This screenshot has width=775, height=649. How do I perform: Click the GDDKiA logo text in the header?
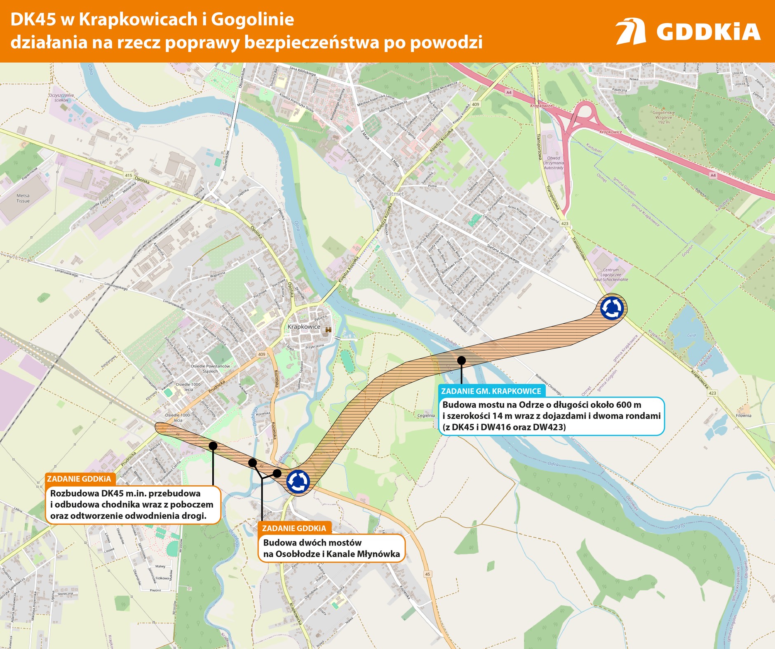click(708, 32)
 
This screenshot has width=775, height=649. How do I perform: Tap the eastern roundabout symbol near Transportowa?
click(612, 308)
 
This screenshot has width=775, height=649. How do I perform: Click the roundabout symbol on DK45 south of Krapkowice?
click(298, 481)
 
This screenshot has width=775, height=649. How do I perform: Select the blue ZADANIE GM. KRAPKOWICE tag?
click(491, 391)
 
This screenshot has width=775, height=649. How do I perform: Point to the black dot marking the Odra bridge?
click(462, 360)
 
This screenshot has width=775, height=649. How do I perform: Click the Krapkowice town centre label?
click(304, 327)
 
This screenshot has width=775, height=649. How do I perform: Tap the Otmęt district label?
click(395, 193)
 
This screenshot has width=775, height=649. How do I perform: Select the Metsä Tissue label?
click(23, 198)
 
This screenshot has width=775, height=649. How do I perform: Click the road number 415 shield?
click(129, 175)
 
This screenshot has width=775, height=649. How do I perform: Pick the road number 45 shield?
click(427, 574)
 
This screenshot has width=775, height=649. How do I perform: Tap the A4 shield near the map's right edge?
click(713, 175)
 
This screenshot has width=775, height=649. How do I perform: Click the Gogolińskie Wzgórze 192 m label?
click(664, 117)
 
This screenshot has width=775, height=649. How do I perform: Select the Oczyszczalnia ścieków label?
click(61, 97)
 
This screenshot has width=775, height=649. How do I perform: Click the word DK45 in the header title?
click(33, 19)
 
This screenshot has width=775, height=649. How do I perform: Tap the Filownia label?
click(744, 415)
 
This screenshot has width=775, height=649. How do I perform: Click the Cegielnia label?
click(426, 415)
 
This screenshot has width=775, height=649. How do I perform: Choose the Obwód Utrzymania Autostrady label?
click(553, 163)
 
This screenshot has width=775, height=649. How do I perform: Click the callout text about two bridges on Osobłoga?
click(331, 548)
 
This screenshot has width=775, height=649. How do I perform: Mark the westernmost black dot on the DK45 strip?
click(213, 445)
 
